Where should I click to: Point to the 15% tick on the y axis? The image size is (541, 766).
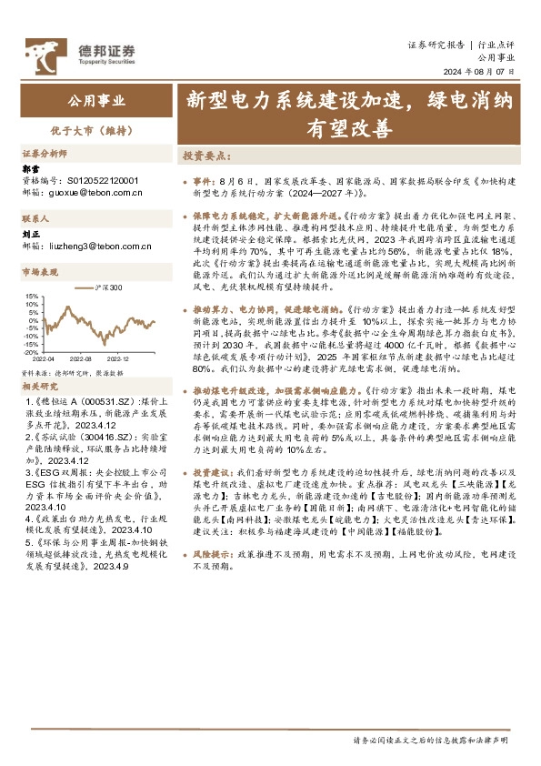click(31, 296)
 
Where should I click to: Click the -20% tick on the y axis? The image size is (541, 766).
click(31, 352)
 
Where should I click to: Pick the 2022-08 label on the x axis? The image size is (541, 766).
click(83, 358)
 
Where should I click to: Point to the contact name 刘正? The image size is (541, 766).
click(31, 235)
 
